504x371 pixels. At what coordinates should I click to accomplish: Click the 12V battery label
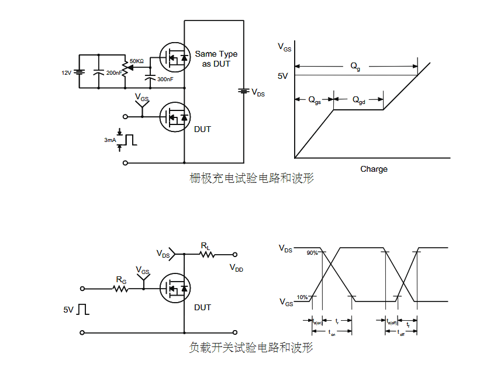click(x=67, y=73)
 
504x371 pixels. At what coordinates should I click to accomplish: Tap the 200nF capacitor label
click(x=113, y=73)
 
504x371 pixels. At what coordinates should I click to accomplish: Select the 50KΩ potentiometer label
click(x=137, y=61)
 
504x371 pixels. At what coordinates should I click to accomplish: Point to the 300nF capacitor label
click(x=165, y=79)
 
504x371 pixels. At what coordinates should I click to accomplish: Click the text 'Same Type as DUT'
click(x=216, y=58)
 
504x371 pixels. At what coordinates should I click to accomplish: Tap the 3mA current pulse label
click(x=110, y=140)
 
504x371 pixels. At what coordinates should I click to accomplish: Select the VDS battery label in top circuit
click(x=258, y=92)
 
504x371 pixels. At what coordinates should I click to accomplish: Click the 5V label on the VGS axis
click(x=283, y=76)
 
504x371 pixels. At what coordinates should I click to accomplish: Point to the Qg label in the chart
click(x=355, y=67)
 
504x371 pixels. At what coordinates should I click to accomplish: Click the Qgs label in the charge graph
click(x=315, y=100)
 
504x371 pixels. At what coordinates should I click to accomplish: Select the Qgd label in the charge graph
click(x=358, y=100)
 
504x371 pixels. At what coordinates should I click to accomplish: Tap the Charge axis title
click(x=374, y=169)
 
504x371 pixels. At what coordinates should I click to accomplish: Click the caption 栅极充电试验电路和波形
click(x=252, y=178)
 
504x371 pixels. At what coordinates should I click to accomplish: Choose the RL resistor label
click(x=206, y=246)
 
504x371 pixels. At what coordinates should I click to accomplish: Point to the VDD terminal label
click(x=236, y=268)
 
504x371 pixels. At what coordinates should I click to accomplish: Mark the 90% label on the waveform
click(x=312, y=252)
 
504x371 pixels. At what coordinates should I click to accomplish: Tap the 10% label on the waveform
click(x=302, y=297)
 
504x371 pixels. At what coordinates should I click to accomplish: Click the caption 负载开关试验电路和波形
click(x=251, y=348)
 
